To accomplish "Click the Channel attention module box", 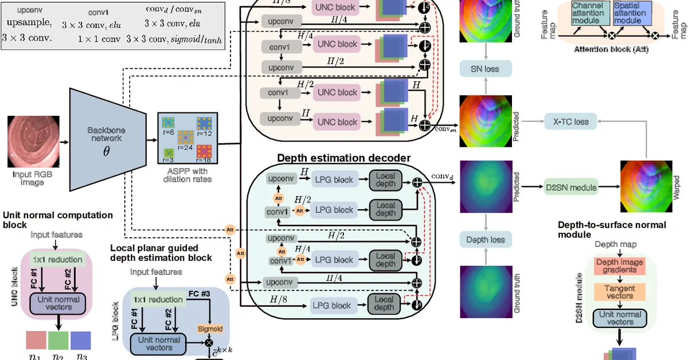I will pyautogui.click(x=590, y=13).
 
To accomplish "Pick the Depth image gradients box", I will pyautogui.click(x=620, y=266).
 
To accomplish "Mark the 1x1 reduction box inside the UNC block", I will pyautogui.click(x=57, y=259).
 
